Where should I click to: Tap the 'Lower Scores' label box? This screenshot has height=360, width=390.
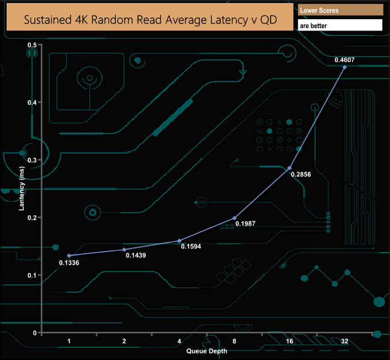click(340, 10)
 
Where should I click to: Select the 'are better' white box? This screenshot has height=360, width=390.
click(340, 26)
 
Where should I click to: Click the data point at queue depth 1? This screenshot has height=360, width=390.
click(69, 256)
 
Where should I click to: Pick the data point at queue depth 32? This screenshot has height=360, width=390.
click(344, 67)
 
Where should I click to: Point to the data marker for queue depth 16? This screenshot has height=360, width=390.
click(290, 168)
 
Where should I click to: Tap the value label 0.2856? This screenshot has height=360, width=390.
click(301, 175)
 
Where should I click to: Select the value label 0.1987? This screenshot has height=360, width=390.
click(245, 224)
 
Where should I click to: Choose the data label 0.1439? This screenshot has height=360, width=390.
click(136, 256)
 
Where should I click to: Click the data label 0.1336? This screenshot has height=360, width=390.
click(69, 262)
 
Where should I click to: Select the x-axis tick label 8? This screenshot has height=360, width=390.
click(234, 341)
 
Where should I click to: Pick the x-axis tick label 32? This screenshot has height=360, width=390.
click(344, 341)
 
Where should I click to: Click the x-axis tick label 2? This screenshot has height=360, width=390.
click(124, 341)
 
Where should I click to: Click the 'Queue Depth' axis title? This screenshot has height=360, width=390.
click(206, 350)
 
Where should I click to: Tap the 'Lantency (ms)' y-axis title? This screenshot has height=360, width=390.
click(21, 189)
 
